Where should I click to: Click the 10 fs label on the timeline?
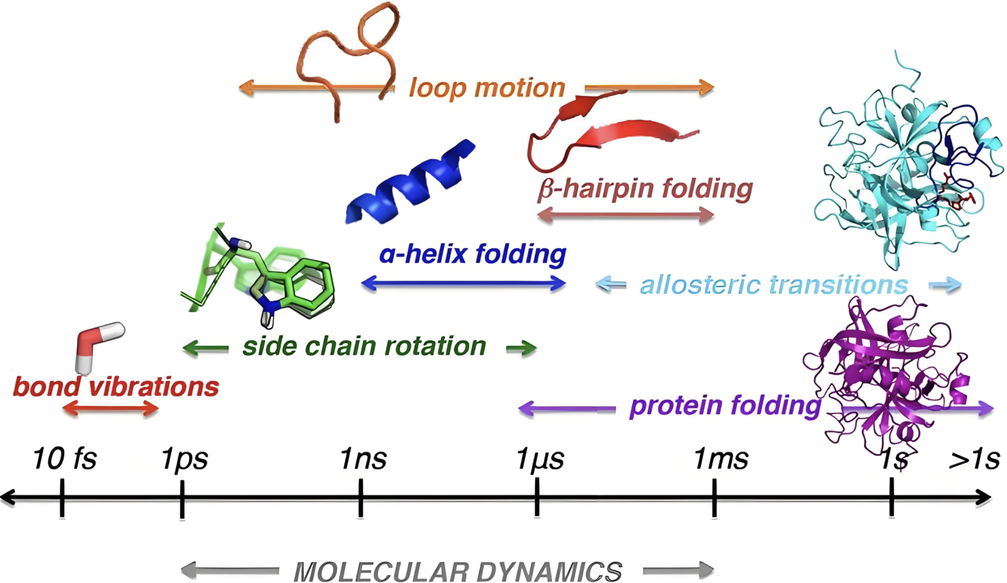click(x=65, y=459)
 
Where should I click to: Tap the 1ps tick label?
click(x=184, y=459)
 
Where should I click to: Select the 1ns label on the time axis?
click(x=363, y=459)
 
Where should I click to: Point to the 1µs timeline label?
click(x=540, y=459)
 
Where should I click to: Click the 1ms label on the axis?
click(x=720, y=459)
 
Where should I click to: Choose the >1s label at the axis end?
click(x=974, y=459)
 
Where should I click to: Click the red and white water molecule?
click(x=96, y=344)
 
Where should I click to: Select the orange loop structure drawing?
click(x=347, y=57)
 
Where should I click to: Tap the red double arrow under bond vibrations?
click(x=110, y=409)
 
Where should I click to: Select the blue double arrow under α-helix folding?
click(x=463, y=283)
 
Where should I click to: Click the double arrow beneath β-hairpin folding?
click(x=626, y=214)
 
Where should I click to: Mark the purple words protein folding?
click(x=725, y=405)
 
